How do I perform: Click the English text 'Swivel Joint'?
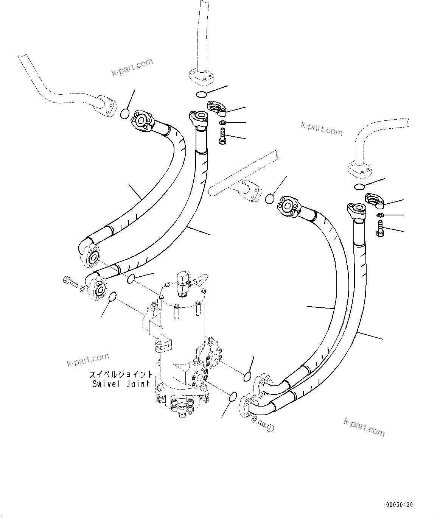pyautogui.click(x=121, y=384)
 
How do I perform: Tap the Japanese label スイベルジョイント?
pyautogui.click(x=121, y=374)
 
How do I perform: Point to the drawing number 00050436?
pyautogui.click(x=400, y=505)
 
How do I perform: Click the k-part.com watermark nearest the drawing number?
pyautogui.click(x=364, y=427)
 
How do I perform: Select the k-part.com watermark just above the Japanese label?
pyautogui.click(x=88, y=360)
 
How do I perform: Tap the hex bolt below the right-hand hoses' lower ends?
pyautogui.click(x=266, y=426)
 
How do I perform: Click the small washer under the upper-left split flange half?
pyautogui.click(x=223, y=122)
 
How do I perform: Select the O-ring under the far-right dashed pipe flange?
pyautogui.click(x=359, y=186)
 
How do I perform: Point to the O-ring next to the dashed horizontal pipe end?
pyautogui.click(x=269, y=198)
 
